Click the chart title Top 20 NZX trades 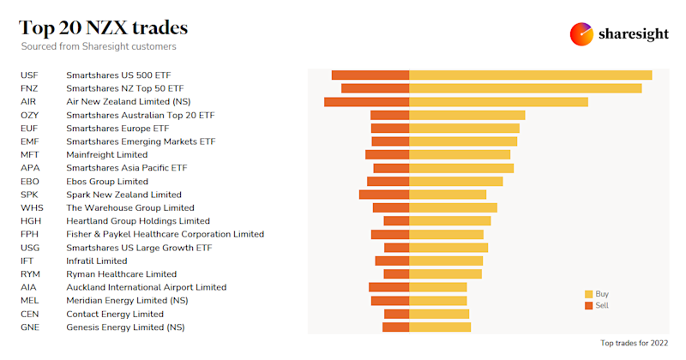click(x=104, y=27)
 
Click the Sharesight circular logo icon click(x=581, y=34)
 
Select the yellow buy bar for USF click(x=530, y=75)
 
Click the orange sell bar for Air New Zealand click(x=366, y=102)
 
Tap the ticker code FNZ click(x=29, y=88)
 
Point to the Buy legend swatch click(x=588, y=294)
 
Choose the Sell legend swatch click(x=588, y=305)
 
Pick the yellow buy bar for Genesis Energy click(x=440, y=327)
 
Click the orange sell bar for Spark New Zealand click(x=384, y=195)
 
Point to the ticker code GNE click(x=30, y=327)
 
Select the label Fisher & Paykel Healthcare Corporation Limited click(x=165, y=234)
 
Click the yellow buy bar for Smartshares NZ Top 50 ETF click(x=525, y=88)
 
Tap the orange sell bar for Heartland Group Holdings click(x=396, y=221)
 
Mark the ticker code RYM click(x=30, y=274)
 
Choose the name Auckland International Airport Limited click(x=146, y=287)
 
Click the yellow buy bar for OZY click(x=466, y=115)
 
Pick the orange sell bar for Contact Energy click(x=396, y=314)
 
